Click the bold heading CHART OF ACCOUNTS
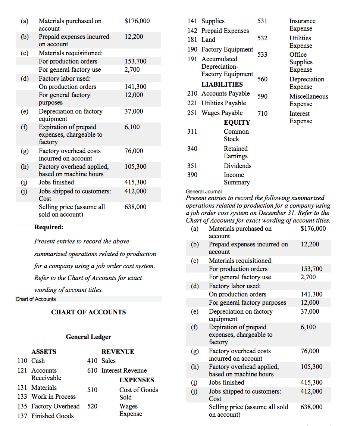88,312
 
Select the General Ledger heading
88,337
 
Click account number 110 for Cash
23,361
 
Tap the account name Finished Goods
52,416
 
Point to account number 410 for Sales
92,361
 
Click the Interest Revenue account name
124,370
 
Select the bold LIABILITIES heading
222,84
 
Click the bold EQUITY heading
237,122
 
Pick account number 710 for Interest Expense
262,114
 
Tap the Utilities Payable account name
223,103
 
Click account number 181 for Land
192,40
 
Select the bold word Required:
49,227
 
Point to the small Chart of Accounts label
35,299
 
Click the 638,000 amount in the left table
135,207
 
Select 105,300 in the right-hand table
312,367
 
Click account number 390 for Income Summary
192,175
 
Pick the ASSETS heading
44,352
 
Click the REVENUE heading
118,352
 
